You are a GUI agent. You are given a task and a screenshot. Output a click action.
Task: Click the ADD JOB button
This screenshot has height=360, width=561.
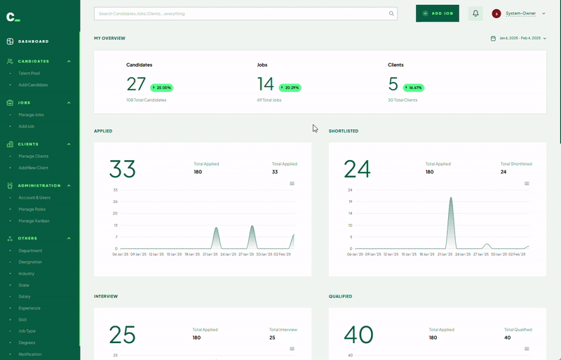click(437, 13)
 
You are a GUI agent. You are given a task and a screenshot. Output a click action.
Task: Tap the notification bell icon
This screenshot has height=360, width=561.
click(475, 13)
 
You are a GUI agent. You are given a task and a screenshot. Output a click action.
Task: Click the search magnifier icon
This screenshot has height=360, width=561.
click(391, 13)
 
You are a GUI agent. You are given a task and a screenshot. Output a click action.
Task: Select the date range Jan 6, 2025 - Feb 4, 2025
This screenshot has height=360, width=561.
click(519, 38)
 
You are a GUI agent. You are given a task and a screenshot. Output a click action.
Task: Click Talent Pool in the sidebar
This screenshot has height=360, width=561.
click(29, 73)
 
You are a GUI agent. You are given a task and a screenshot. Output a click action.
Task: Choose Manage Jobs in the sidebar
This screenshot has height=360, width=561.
click(31, 114)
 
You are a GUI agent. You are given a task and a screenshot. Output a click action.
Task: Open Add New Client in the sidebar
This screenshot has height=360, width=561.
click(33, 168)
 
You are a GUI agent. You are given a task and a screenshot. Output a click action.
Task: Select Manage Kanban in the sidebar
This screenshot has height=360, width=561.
click(34, 221)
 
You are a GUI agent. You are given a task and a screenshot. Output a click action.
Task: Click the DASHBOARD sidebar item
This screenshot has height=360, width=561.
click(33, 41)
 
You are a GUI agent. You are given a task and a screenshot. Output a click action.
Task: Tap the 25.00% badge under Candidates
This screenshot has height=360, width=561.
click(161, 88)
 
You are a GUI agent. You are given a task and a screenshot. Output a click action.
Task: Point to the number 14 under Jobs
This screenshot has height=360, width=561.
click(266, 84)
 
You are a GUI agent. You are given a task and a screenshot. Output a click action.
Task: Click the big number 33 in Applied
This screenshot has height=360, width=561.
click(122, 169)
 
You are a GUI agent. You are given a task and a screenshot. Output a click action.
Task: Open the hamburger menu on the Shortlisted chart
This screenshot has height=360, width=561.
click(527, 184)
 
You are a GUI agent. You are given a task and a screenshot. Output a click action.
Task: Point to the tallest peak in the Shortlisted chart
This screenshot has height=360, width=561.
click(451, 199)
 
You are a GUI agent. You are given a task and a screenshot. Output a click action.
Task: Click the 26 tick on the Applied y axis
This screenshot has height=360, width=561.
click(115, 202)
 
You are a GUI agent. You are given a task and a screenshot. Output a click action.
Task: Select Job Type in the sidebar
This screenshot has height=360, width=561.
click(27, 331)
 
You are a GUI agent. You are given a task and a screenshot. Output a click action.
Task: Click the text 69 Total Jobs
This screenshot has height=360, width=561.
click(269, 100)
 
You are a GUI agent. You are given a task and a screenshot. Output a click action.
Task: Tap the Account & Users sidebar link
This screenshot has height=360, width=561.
click(34, 198)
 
